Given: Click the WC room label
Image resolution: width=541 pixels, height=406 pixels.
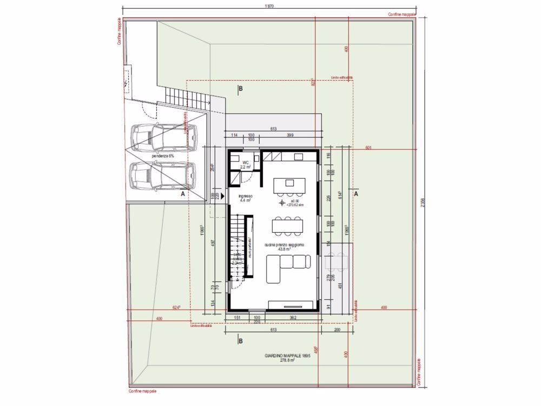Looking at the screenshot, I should coord(245,162).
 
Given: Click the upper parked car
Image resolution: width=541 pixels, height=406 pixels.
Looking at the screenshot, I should coord(162,138).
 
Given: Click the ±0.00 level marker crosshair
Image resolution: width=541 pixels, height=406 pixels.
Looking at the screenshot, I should coord(281,203).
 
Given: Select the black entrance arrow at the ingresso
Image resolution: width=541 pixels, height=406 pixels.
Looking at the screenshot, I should coord(222,195).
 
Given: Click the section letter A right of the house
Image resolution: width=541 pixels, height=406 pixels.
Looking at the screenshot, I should coord(357,193).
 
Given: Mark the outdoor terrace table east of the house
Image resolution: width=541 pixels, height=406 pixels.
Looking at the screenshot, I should coord(337,262).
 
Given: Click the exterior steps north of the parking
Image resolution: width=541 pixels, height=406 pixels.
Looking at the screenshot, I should coord(187,98).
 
